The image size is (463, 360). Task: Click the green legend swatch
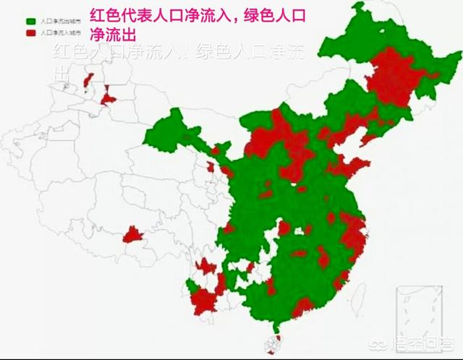30,22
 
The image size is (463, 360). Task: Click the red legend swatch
30,32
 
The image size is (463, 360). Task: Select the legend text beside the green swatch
59,22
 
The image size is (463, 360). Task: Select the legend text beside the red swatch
59,32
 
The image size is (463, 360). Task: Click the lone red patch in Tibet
132,234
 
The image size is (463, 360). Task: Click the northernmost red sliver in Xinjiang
89,79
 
